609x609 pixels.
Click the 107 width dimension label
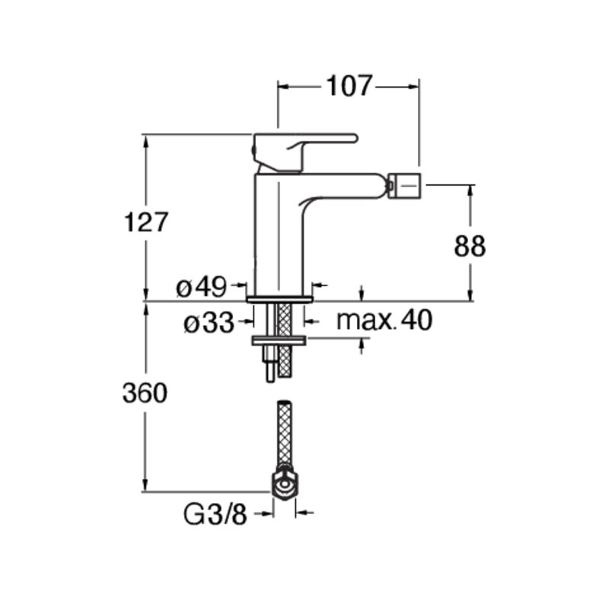tap(349, 86)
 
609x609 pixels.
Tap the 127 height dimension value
tap(145, 222)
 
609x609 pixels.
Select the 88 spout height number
tap(470, 246)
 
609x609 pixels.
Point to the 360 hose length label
tap(145, 393)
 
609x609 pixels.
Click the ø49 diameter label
tap(201, 288)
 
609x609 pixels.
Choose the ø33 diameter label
tap(209, 322)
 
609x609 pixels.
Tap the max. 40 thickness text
tap(384, 320)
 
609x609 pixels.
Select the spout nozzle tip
tap(405, 185)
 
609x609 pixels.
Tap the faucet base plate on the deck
tap(279, 298)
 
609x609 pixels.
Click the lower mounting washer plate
tap(279, 340)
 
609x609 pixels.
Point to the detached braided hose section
tap(285, 433)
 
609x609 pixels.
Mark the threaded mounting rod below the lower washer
tap(270, 364)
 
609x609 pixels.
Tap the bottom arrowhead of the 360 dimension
tap(145, 486)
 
